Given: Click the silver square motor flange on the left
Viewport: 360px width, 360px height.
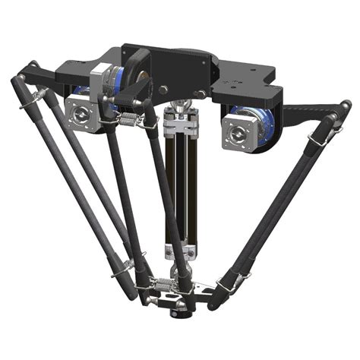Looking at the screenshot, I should coord(82,112).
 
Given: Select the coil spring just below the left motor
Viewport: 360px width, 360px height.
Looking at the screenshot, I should coord(129,119).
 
